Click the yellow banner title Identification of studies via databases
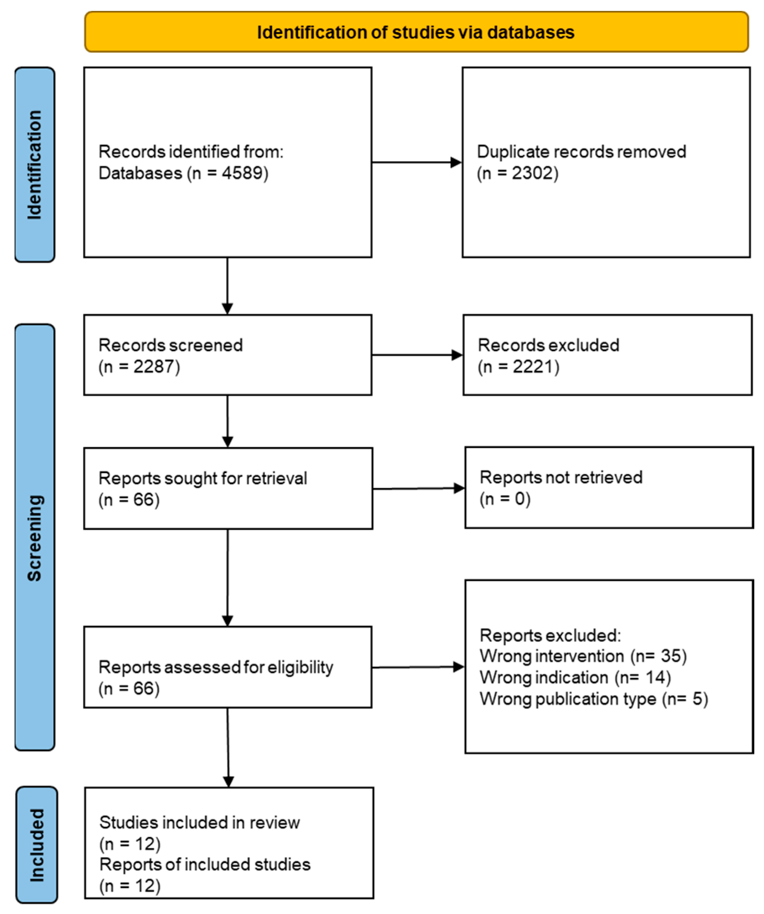[415, 33]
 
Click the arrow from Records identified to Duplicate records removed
[416, 162]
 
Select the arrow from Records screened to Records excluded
[417, 355]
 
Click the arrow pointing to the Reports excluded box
[418, 667]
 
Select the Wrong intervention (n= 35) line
[583, 656]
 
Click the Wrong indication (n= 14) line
[575, 677]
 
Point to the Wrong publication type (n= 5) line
[594, 698]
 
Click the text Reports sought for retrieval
[203, 478]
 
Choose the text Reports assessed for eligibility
[216, 667]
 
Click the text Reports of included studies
[205, 864]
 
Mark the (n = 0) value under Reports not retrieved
[505, 499]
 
